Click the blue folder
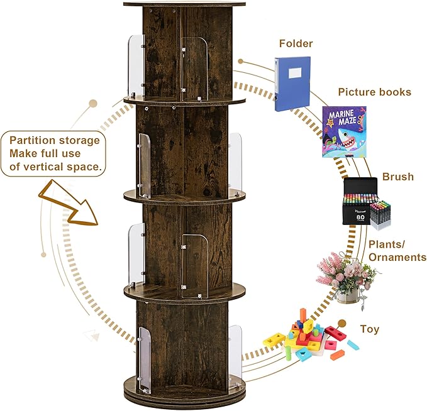click(292, 83)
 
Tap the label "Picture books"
click(374, 92)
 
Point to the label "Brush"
click(397, 177)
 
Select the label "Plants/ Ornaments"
click(397, 251)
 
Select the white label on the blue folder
click(294, 72)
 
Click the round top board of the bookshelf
click(185, 4)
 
